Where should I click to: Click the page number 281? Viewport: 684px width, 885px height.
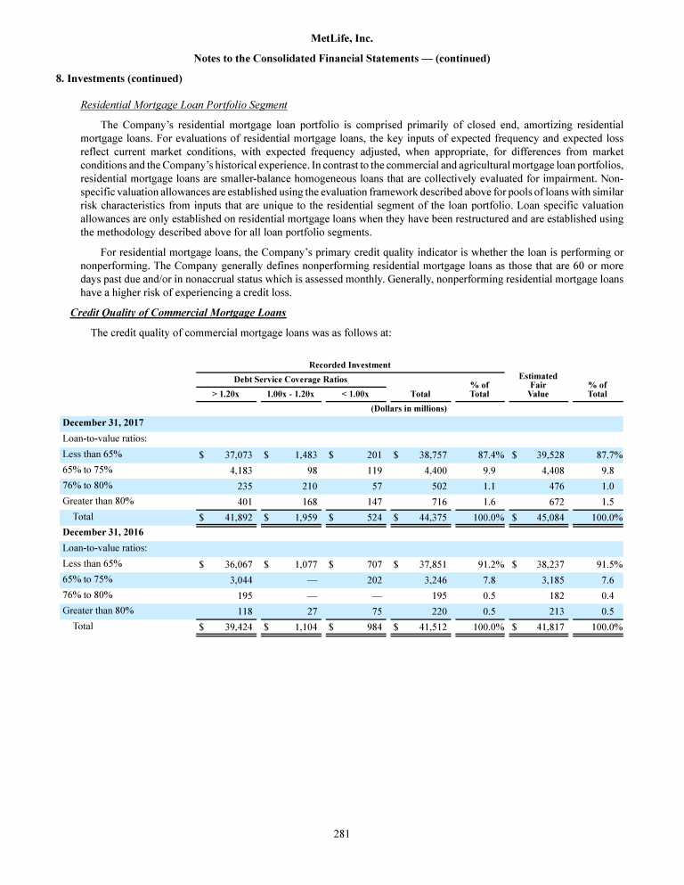(342, 834)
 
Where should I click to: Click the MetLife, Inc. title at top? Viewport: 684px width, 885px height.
(342, 38)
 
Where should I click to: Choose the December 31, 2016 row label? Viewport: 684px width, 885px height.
(102, 532)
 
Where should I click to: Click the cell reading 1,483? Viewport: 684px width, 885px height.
(301, 455)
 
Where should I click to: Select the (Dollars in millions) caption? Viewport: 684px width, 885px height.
(408, 408)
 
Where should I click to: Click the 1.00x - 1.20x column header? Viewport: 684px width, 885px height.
(289, 393)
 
